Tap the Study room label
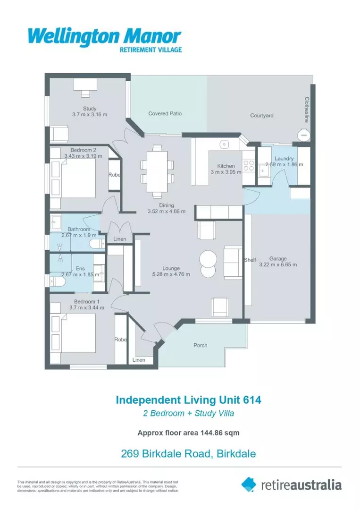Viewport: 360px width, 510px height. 89,109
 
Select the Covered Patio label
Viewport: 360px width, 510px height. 165,114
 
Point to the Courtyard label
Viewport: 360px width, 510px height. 261,115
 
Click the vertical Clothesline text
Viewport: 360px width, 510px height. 306,110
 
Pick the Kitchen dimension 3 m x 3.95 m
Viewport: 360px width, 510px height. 226,172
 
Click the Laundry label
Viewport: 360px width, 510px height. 285,159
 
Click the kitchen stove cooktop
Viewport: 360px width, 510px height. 248,166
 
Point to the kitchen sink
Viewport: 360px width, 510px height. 225,144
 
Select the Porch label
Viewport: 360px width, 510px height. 201,345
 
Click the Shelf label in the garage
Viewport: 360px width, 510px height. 250,260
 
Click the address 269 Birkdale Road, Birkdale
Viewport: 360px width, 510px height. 188,454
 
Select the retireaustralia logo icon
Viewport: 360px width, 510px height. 248,484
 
